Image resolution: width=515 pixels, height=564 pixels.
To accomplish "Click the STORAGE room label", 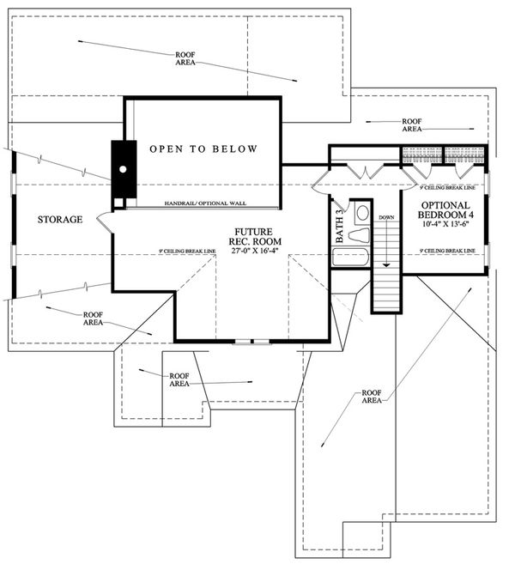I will [60, 220].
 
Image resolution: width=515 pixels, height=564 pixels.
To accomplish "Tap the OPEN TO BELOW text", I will [203, 149].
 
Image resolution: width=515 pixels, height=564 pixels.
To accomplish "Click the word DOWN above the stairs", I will [386, 217].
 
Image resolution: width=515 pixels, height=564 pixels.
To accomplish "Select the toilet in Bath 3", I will [361, 213].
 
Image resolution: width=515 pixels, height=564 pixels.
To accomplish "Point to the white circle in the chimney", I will [124, 169].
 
